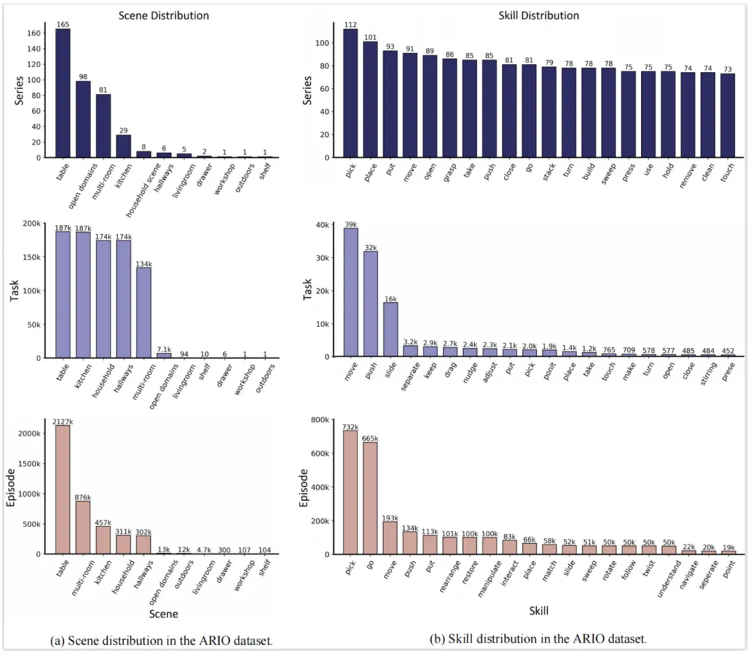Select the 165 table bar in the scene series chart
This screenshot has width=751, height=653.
(63, 93)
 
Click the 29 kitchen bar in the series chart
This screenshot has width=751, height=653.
(122, 146)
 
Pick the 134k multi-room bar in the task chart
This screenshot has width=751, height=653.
(143, 312)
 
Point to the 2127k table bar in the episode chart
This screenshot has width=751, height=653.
(63, 490)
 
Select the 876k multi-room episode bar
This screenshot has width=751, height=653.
(83, 527)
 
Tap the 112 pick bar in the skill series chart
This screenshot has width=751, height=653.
(350, 93)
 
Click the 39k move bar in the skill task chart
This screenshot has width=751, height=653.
(350, 292)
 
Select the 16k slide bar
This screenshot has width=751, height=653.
(391, 329)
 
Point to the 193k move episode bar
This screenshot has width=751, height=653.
(391, 538)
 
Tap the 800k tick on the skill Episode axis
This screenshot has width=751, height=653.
(323, 420)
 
